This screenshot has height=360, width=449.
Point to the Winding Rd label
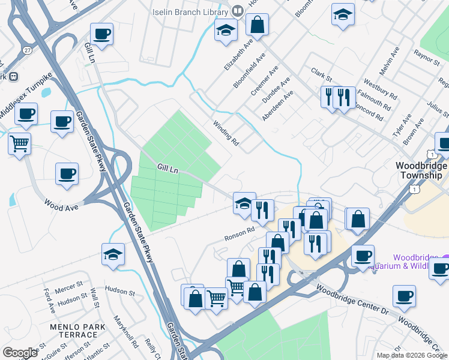[226, 133]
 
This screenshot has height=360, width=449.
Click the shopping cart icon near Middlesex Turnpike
[20, 145]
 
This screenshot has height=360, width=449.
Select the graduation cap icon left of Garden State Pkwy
[113, 254]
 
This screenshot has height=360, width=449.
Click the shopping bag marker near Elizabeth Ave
[257, 25]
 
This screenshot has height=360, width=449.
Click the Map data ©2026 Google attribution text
[412, 355]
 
